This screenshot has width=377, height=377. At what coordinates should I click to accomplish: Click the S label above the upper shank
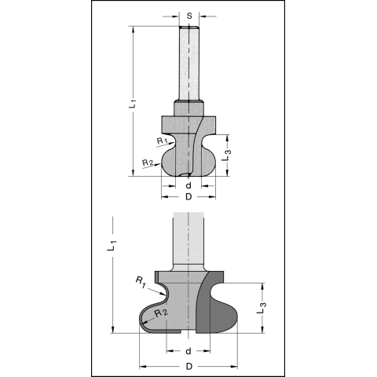(189, 16)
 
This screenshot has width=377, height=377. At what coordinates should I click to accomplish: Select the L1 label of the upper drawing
(133, 104)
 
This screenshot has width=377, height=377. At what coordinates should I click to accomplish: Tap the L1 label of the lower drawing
(112, 246)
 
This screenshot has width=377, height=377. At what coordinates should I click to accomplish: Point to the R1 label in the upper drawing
(162, 141)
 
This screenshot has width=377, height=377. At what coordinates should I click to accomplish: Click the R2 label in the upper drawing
(148, 163)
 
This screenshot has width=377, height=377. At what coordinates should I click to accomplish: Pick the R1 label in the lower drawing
(141, 282)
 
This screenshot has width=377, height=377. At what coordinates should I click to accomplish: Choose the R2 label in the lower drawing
(161, 313)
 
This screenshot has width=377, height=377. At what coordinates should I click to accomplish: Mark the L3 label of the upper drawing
(228, 155)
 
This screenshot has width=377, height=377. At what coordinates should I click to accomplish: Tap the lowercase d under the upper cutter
(188, 185)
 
